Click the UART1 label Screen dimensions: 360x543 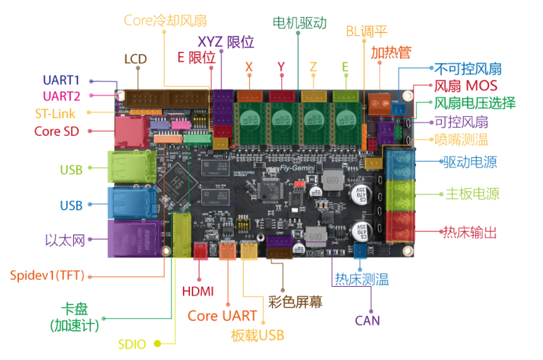pyautogui.click(x=61, y=80)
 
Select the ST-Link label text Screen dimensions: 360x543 pyautogui.click(x=55, y=114)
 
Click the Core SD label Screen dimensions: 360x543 pyautogui.click(x=56, y=131)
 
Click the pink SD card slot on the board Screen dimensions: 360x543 pyautogui.click(x=129, y=132)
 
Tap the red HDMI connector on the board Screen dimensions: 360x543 pyautogui.click(x=200, y=252)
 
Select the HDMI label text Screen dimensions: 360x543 pyautogui.click(x=198, y=292)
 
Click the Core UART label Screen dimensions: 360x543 pyautogui.click(x=222, y=316)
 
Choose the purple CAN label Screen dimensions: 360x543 pyautogui.click(x=367, y=321)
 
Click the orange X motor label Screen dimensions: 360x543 pyautogui.click(x=249, y=67)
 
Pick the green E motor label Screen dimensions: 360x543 pyautogui.click(x=345, y=67)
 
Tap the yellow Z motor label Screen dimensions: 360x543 pyautogui.click(x=314, y=67)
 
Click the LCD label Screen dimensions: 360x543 pyautogui.click(x=135, y=59)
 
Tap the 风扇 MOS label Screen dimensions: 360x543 pyautogui.click(x=465, y=86)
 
